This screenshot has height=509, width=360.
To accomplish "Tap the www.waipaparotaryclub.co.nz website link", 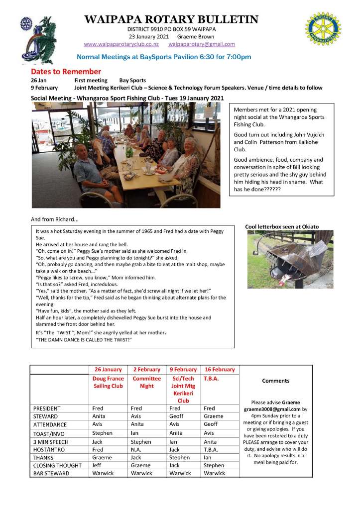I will [x=118, y=44].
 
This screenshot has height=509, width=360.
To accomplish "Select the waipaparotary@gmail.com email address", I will [x=202, y=44].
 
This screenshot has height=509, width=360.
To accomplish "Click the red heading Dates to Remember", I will [x=66, y=72].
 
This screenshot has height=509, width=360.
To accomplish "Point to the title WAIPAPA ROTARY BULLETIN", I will [x=171, y=19].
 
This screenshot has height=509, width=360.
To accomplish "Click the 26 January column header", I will [x=108, y=370].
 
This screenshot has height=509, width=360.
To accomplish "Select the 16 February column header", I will [x=219, y=370].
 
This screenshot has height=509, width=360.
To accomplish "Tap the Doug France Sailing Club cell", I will [x=108, y=382].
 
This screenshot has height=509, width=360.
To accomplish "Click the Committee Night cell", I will [x=146, y=382].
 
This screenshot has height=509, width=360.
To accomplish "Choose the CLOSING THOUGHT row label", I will [x=57, y=465].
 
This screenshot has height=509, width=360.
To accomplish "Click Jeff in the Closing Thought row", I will [x=98, y=465].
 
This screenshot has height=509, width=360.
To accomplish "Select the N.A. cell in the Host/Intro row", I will [x=138, y=449].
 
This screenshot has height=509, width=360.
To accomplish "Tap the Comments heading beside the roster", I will [x=275, y=381].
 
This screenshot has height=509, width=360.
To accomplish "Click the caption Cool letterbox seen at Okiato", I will [x=282, y=227].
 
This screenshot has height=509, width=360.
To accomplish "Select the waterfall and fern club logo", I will [x=35, y=37].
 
